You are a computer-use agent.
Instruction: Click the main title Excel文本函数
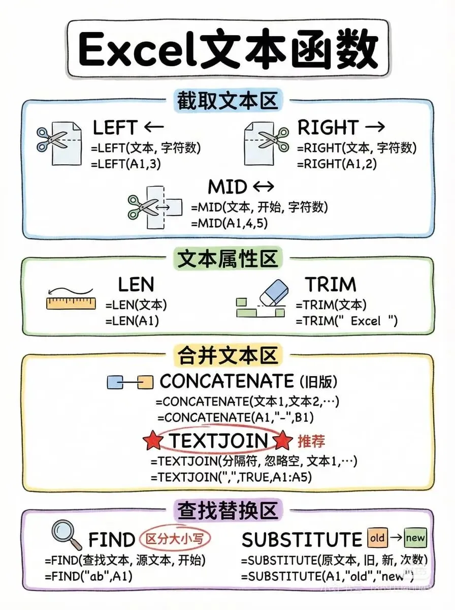227,50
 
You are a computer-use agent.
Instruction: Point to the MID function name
227,187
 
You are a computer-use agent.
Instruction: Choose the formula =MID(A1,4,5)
229,223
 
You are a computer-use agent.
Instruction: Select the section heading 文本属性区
227,259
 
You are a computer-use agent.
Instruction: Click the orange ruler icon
71,303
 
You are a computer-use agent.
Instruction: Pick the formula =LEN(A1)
132,321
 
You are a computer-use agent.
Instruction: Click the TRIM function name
331,284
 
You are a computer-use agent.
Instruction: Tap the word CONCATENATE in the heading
226,381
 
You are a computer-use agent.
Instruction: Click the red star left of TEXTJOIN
153,441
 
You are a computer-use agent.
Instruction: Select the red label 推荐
311,440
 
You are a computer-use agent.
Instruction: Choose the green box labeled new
415,537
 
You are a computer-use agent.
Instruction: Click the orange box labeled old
377,537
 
